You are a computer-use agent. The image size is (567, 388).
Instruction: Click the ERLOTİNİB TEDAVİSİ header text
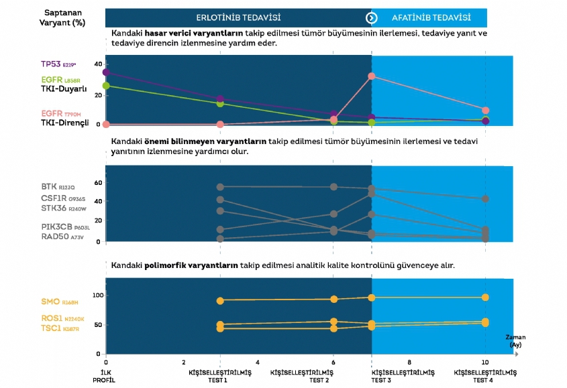pos(238,17)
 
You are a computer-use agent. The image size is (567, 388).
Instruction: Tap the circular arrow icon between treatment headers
pos(371,17)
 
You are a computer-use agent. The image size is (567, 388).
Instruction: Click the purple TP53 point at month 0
pos(106,72)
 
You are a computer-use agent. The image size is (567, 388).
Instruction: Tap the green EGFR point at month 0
pos(106,86)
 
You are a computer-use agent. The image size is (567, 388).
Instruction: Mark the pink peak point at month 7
pos(371,76)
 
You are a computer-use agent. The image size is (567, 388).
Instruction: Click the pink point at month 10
pos(485,110)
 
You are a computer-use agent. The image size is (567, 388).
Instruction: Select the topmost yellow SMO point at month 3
pos(220,300)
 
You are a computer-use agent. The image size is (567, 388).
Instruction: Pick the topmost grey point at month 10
pos(485,199)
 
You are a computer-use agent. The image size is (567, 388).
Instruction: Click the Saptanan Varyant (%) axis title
pos(62,17)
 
